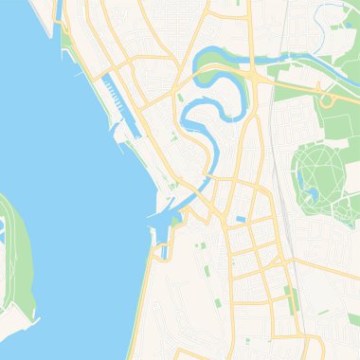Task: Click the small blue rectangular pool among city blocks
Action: point(242,220)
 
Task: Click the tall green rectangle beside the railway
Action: point(294,299)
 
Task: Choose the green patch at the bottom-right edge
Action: point(353,319)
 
